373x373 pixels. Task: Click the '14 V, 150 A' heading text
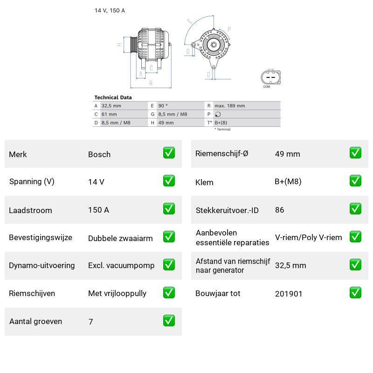click(x=110, y=10)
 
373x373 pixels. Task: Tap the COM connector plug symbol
click(x=270, y=77)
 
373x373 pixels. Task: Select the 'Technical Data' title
click(x=113, y=97)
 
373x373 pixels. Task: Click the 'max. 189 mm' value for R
click(x=229, y=106)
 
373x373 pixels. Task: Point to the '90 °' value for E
click(x=163, y=106)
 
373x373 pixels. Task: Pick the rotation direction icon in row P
click(x=218, y=114)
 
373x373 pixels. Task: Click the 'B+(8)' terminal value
click(x=221, y=123)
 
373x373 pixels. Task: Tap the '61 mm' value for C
click(x=109, y=114)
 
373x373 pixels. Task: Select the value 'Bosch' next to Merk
click(x=99, y=154)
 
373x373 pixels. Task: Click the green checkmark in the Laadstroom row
click(x=169, y=208)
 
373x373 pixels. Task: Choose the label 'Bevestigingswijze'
click(x=41, y=238)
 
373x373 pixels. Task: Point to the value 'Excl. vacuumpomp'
click(x=121, y=265)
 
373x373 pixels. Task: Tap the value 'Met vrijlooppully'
click(x=117, y=294)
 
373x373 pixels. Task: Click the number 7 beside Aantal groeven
click(x=90, y=322)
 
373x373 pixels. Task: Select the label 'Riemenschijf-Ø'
click(x=222, y=154)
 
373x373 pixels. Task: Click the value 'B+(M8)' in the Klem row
click(x=288, y=182)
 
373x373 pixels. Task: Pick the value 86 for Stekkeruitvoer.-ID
click(x=279, y=210)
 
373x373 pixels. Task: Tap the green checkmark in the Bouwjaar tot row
click(x=355, y=293)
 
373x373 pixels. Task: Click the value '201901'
click(x=289, y=294)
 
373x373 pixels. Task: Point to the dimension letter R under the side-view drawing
click(x=151, y=83)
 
